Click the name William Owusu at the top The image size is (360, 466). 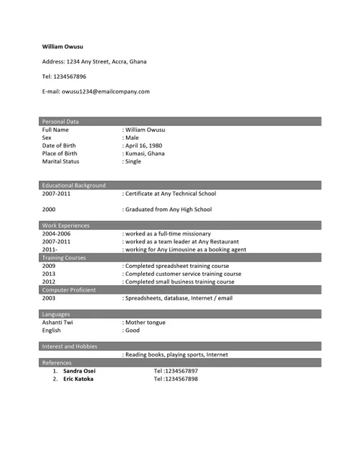point(62,46)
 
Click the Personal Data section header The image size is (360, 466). point(61,121)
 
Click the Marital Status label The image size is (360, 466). point(60,161)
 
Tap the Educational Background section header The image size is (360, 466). point(74,185)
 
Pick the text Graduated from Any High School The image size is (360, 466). point(168,210)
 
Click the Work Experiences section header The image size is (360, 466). point(66,225)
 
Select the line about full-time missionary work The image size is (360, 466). point(168,234)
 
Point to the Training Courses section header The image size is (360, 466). point(64,257)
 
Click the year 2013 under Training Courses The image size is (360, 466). point(49,274)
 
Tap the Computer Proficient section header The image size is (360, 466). point(69,290)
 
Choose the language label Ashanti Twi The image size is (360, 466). point(58,323)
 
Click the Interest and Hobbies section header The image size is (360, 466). point(70,346)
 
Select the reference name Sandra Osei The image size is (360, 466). point(79,371)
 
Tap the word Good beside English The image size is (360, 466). point(132,331)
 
